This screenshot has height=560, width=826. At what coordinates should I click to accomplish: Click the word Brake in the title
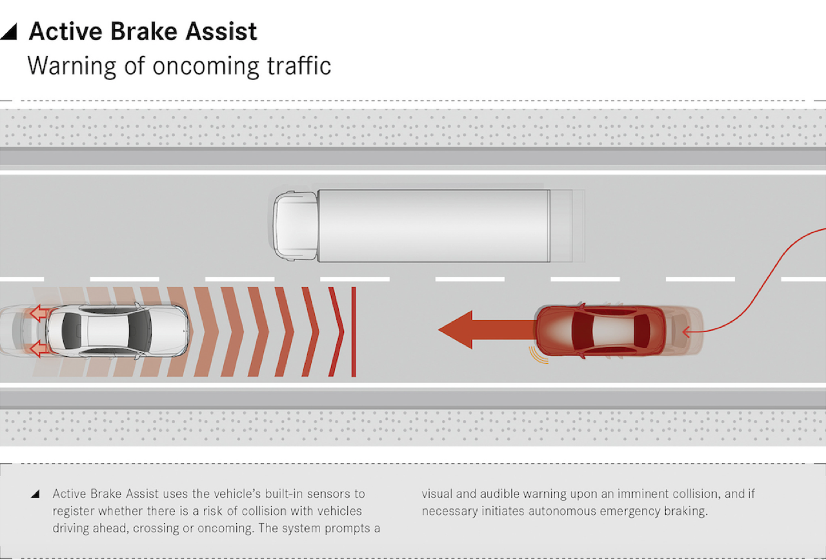point(144,32)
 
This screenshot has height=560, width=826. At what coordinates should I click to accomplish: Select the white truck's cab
point(296,226)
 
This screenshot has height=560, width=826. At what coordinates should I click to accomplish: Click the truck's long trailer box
point(434,226)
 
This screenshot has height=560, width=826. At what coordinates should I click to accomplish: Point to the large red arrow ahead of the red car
point(487,330)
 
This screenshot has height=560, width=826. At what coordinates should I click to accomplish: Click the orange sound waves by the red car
point(538,355)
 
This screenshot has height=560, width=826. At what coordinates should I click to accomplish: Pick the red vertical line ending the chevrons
point(353,332)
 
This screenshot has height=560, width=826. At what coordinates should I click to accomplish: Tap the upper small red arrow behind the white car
point(39,314)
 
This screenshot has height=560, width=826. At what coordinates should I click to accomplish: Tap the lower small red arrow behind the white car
point(39,349)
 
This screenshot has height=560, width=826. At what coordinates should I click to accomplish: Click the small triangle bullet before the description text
point(35,494)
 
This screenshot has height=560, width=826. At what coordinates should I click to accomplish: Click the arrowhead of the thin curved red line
point(685,332)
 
